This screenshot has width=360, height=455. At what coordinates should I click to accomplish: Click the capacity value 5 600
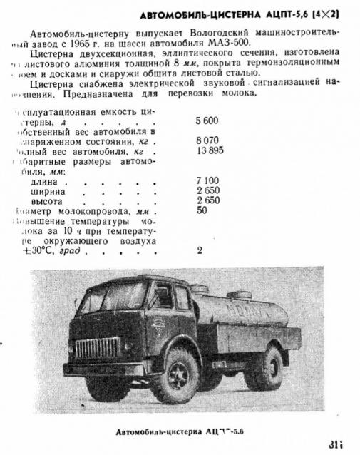[207, 121]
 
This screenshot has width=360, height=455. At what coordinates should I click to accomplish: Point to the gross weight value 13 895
[210, 150]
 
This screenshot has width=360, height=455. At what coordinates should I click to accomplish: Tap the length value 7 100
[207, 181]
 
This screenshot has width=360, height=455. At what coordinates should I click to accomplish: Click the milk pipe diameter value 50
[202, 210]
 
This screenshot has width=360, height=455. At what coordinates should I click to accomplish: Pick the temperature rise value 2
[200, 250]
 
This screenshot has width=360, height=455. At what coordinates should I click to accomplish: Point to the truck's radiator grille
[98, 349]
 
